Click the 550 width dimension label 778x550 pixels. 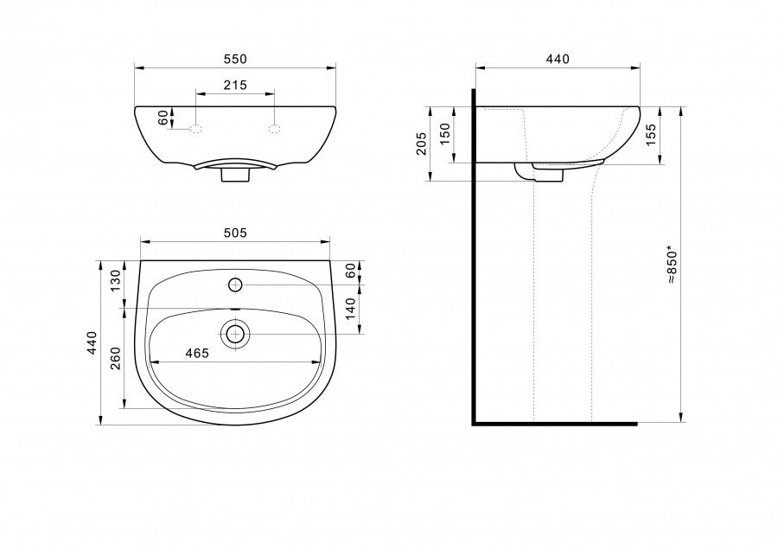pos(235,59)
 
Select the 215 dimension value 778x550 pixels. pos(235,86)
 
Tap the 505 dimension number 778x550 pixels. pos(235,233)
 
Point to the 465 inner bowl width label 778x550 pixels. pos(197,354)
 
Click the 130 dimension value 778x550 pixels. pos(115,281)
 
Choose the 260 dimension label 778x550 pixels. pos(115,358)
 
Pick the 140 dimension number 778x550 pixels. pos(350,309)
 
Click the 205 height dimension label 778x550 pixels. pos(421,144)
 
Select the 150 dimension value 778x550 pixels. pos(444,134)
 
